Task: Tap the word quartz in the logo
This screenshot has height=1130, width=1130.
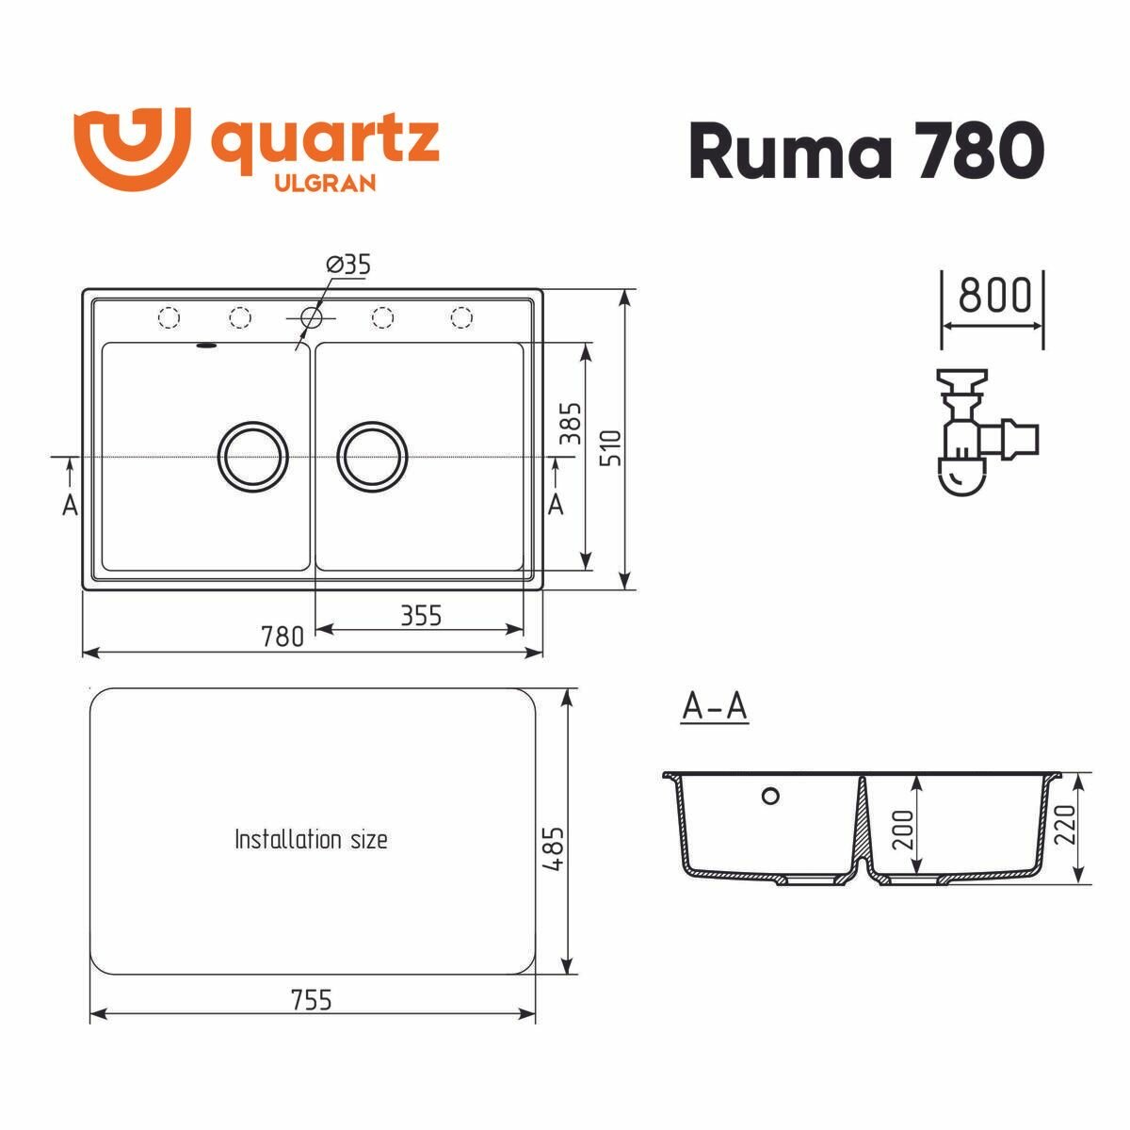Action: point(323,143)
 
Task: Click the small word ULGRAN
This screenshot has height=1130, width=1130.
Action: point(324,183)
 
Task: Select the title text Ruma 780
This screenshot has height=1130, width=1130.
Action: point(866,151)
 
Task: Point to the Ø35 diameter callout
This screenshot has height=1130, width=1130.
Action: point(349,266)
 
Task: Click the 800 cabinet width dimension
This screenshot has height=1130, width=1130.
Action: point(994,296)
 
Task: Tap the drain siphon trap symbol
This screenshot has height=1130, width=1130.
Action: point(979,433)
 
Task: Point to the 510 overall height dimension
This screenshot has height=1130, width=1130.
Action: point(611,450)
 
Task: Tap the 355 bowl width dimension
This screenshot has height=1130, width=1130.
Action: point(420,616)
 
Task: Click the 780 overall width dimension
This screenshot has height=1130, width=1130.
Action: point(282,638)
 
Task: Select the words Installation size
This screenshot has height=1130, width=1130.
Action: point(311,838)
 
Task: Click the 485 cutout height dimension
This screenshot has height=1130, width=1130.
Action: point(553,847)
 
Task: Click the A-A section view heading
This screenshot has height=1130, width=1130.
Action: point(714,707)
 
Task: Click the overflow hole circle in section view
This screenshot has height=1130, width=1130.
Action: point(770,797)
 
